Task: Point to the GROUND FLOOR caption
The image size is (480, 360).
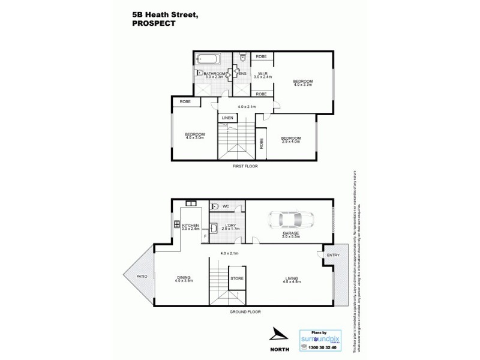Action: pyautogui.click(x=245, y=313)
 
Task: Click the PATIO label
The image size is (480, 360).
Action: pyautogui.click(x=142, y=277)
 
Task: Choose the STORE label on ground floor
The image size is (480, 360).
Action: pyautogui.click(x=237, y=278)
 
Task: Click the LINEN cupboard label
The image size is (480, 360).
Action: pyautogui.click(x=227, y=118)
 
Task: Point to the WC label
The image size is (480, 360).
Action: pyautogui.click(x=226, y=206)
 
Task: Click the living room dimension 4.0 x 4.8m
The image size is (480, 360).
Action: pyautogui.click(x=293, y=281)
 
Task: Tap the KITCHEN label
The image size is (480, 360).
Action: pyautogui.click(x=191, y=225)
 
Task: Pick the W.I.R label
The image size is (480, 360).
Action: pyautogui.click(x=262, y=74)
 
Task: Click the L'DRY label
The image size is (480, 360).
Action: pyautogui.click(x=230, y=225)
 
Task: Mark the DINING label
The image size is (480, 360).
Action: pyautogui.click(x=184, y=277)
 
